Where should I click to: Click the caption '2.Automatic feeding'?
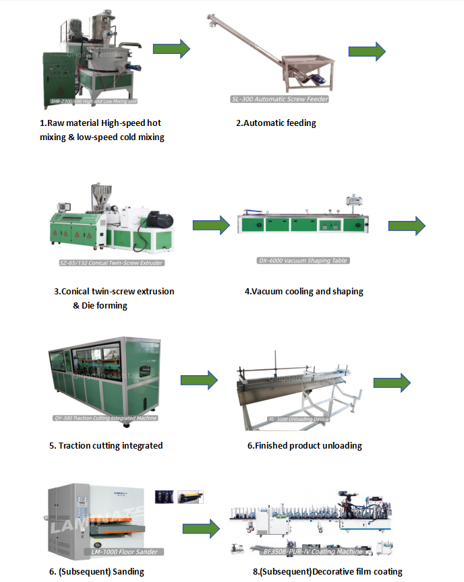coord(276,123)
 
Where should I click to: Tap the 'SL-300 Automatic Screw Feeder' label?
coord(280,99)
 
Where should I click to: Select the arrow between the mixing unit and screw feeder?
coord(171,48)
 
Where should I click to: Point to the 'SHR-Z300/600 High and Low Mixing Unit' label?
coord(94,102)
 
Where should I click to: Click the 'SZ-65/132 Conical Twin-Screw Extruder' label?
coord(111,263)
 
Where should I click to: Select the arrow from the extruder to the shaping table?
coord(211,225)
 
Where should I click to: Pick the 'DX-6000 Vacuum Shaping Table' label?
coord(303,261)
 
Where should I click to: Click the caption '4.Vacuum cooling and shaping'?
coord(303,292)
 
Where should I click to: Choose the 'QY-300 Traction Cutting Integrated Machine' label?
coord(105,418)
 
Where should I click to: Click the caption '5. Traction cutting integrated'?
coord(106,445)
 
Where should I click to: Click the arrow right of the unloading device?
coord(392,383)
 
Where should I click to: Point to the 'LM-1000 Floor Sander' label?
coord(125,552)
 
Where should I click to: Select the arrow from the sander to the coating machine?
coord(201,529)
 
